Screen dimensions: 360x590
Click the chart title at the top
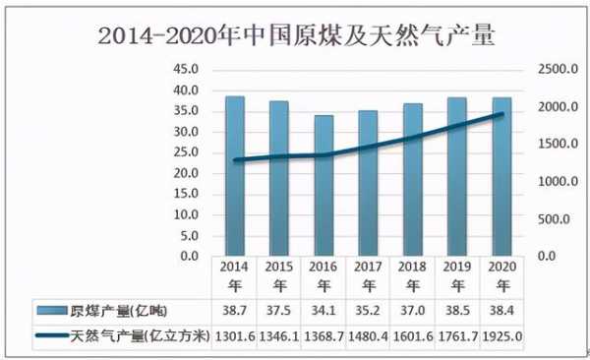(296, 36)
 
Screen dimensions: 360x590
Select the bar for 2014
(235, 176)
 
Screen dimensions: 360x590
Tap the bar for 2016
(324, 186)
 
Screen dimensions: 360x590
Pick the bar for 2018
(413, 180)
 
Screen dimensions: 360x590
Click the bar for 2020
(502, 177)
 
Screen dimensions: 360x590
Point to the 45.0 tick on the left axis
(185, 70)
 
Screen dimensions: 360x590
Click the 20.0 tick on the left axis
(185, 173)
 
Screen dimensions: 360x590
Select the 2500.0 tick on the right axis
(556, 70)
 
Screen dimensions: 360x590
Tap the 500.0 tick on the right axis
(558, 219)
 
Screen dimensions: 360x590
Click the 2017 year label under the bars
(369, 275)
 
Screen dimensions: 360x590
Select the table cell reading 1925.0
(502, 336)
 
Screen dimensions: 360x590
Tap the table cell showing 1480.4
(369, 336)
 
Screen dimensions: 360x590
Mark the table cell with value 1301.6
(235, 336)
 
